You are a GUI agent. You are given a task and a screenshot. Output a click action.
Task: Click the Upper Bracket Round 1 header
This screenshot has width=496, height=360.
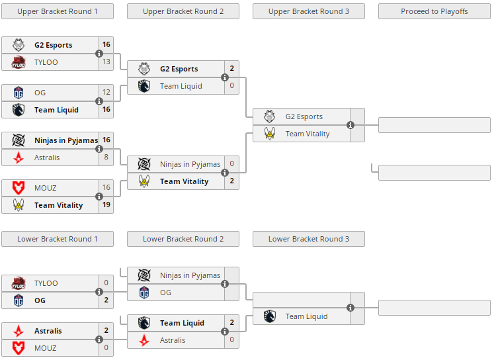pos(58,11)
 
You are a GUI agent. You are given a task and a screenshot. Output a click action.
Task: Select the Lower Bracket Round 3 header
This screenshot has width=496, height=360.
pos(308,239)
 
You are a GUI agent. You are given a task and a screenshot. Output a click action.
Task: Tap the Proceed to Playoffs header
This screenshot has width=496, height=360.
pos(434,11)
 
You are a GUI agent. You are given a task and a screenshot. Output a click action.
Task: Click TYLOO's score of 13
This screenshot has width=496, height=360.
pos(106,62)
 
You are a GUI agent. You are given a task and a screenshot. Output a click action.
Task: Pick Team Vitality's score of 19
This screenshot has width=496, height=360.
pos(106,205)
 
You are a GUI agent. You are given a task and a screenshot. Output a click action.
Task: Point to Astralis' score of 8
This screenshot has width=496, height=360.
pos(106,157)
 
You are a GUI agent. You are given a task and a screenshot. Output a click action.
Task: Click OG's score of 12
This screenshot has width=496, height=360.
pos(106,93)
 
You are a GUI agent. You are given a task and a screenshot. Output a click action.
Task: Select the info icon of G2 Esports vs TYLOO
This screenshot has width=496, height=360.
pos(99,54)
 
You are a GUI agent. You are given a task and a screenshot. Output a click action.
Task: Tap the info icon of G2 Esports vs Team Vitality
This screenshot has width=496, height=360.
pos(351,125)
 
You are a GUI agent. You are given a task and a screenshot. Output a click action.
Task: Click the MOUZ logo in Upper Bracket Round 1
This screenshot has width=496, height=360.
pos(19,188)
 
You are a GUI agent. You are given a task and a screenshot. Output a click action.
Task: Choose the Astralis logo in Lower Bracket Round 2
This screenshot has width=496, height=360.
pos(144,340)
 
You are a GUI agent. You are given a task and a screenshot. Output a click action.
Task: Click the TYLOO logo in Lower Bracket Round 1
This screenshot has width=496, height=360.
pos(19,283)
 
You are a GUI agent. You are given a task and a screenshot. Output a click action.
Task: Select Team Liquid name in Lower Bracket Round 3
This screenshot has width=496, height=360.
pos(306,316)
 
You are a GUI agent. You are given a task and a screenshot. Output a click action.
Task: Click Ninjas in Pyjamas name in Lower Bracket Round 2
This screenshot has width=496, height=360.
pos(190,275)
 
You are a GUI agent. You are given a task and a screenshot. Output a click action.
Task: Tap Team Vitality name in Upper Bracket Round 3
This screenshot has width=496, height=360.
pos(308,134)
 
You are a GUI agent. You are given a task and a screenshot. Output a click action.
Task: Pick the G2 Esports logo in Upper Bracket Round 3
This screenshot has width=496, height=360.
pos(270,116)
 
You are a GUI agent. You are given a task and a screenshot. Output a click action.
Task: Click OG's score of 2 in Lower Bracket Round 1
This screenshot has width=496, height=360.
pos(106,300)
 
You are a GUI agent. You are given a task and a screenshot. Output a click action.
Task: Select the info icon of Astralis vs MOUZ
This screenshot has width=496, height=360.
pos(99,339)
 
